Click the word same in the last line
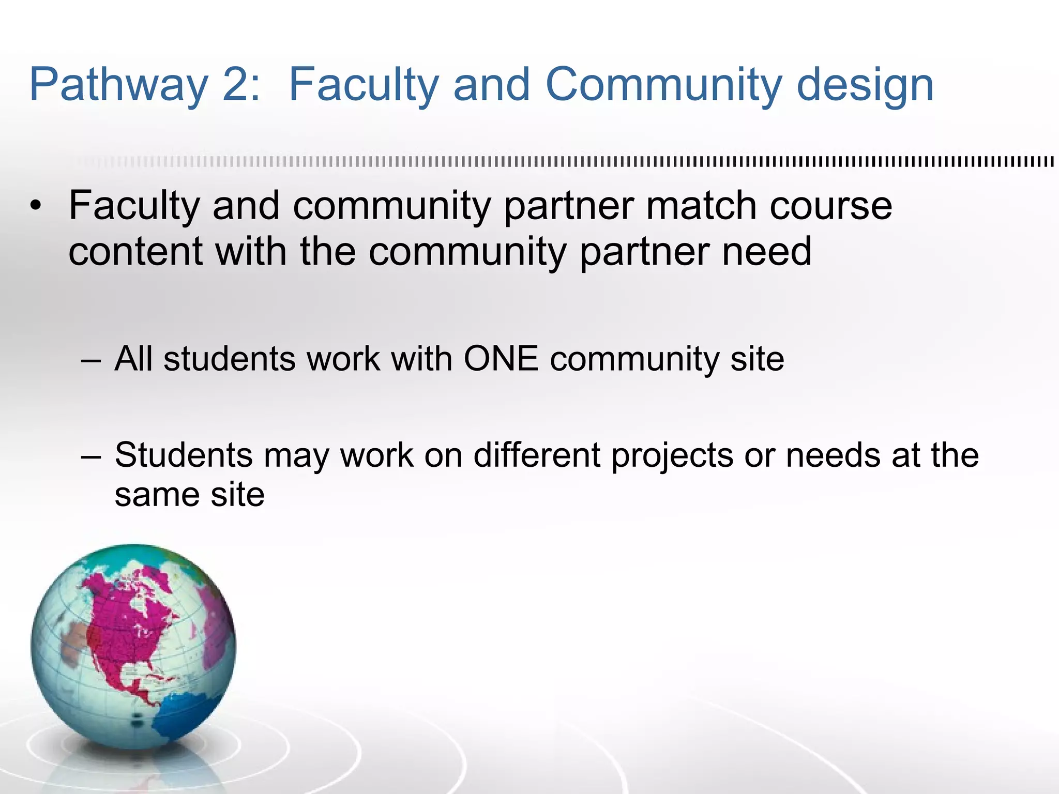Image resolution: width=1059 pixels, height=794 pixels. click(x=155, y=495)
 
